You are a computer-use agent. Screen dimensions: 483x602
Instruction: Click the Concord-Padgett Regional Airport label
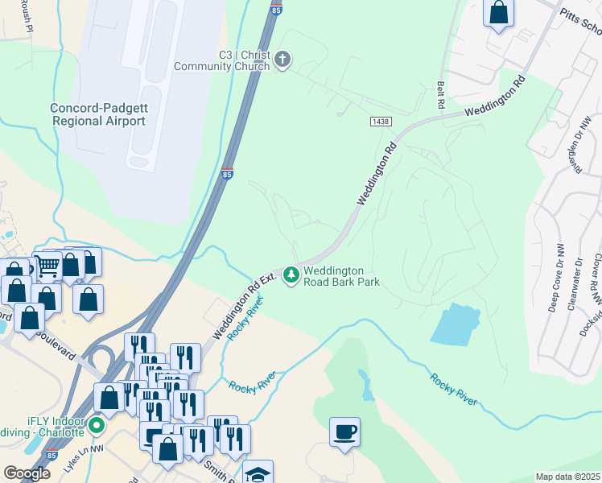98,114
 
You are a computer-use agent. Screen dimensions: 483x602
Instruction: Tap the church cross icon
282,59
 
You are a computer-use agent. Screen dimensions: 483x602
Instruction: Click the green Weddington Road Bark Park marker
290,275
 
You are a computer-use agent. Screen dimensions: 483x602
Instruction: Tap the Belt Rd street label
440,95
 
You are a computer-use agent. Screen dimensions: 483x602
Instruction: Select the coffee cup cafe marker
344,432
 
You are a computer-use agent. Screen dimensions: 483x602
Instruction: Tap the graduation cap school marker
258,473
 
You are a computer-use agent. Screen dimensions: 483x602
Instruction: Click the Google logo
27,473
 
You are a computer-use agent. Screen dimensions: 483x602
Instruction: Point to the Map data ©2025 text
567,477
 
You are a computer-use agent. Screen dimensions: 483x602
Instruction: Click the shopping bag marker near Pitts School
499,13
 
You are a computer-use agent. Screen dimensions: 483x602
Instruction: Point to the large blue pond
456,324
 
